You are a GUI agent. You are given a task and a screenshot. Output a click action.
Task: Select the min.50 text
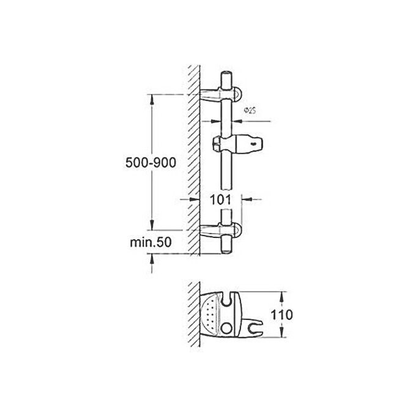(x=149, y=242)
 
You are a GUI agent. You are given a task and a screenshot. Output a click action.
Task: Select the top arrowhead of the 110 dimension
(x=282, y=294)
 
